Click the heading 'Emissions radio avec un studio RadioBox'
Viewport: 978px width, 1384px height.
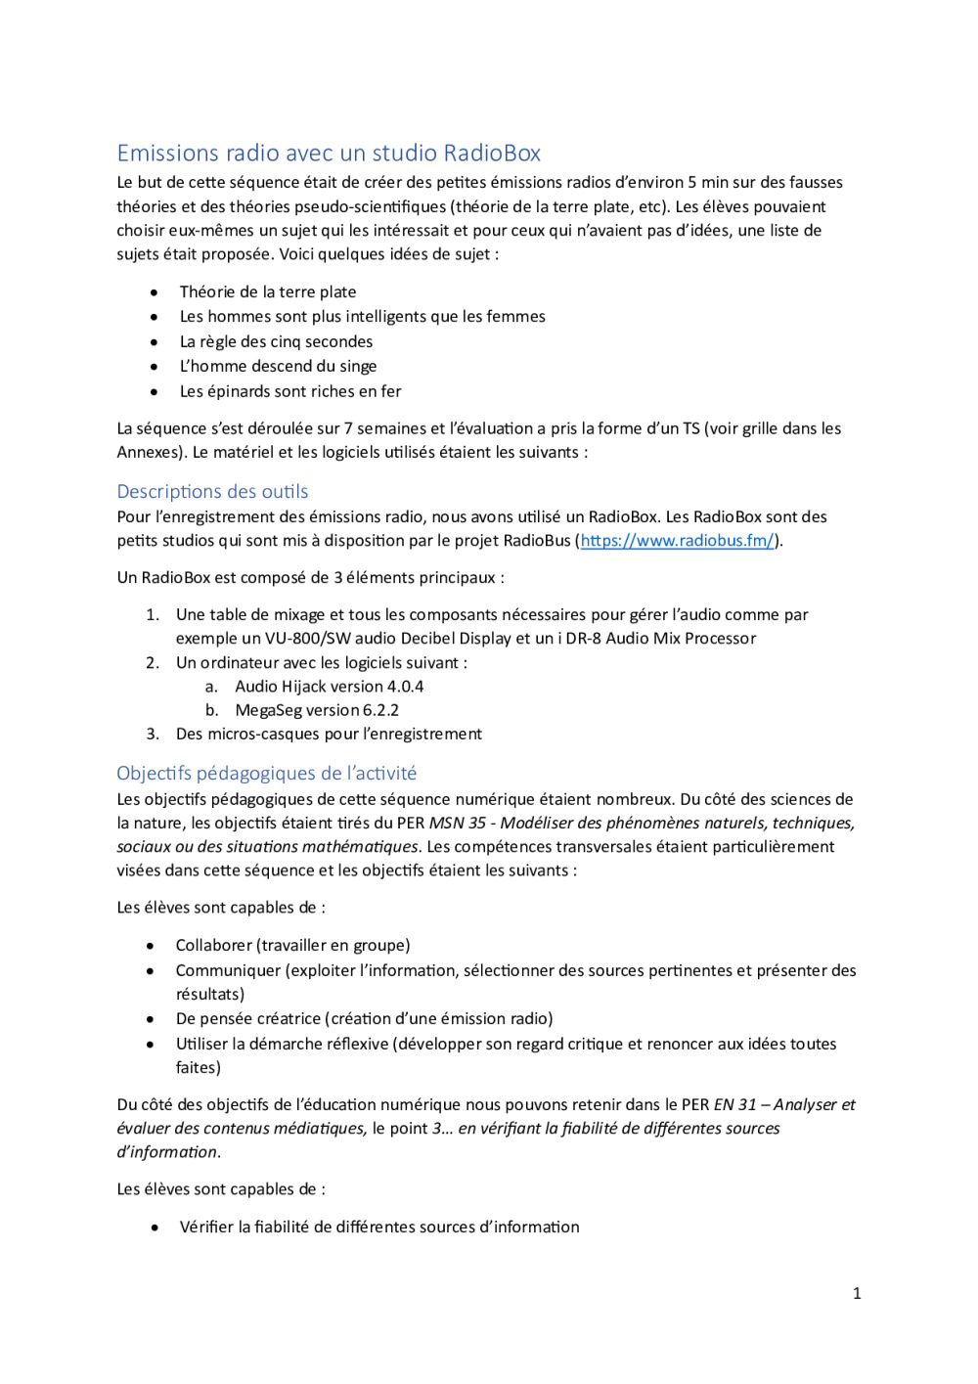click(x=329, y=154)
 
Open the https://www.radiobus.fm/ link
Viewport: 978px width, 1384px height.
click(x=677, y=541)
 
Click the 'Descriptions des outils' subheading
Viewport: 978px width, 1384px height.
click(x=212, y=492)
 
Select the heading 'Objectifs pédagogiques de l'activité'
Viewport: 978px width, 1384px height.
click(x=266, y=774)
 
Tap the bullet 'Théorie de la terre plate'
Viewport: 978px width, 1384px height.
click(x=267, y=292)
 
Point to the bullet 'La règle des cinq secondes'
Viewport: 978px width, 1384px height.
click(x=276, y=342)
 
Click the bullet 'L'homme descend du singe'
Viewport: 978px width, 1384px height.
click(x=278, y=367)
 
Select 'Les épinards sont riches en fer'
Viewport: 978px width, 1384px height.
click(x=290, y=392)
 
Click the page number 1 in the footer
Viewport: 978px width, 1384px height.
click(x=857, y=1294)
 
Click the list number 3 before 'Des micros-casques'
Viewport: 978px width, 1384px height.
click(x=153, y=735)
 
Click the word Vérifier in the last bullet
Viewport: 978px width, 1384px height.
click(x=206, y=1228)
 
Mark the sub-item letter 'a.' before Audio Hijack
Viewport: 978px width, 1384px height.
click(x=211, y=687)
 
